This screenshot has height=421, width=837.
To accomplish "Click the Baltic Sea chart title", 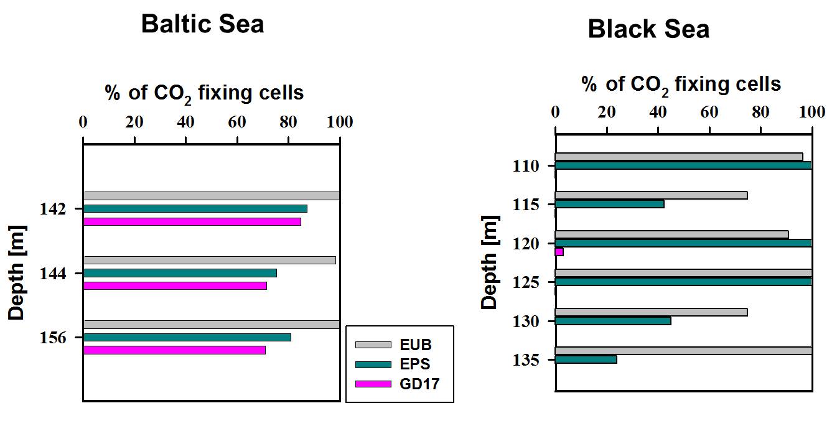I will (x=202, y=24).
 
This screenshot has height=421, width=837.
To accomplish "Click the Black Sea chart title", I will (x=648, y=29).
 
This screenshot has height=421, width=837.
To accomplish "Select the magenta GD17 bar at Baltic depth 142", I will (x=192, y=221).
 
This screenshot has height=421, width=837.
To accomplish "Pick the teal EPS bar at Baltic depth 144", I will (x=180, y=273).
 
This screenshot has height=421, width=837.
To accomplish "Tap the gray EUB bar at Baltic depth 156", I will (x=211, y=324).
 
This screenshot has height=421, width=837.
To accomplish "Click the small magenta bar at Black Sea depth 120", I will (x=559, y=252).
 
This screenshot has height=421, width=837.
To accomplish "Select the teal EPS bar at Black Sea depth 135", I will (x=586, y=359).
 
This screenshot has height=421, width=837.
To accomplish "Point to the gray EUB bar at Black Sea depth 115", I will (x=651, y=195).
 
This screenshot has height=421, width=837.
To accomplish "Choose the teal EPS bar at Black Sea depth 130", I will (x=612, y=321).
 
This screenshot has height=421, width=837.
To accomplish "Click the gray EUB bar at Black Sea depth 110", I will (x=678, y=157).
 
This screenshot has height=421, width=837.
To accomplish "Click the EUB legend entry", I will (x=416, y=345).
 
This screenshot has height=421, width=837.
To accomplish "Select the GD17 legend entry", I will (x=419, y=384).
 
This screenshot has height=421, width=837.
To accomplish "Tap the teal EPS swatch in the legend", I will (x=373, y=364).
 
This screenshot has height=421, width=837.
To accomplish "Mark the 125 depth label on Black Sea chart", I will (x=525, y=282).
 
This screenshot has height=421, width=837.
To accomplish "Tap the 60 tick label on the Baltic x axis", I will (x=236, y=122).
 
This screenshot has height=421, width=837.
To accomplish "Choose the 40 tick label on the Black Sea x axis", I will (x=657, y=112).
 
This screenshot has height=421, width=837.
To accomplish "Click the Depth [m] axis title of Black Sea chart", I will (x=490, y=262).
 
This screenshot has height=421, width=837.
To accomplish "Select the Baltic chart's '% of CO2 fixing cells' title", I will (x=204, y=93).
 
